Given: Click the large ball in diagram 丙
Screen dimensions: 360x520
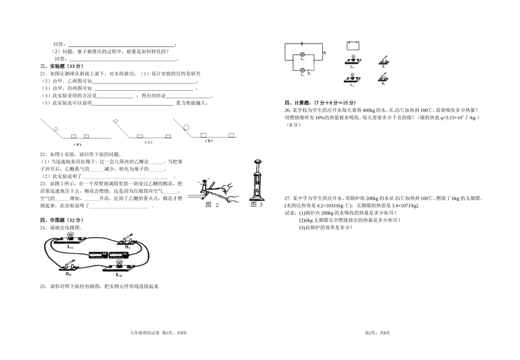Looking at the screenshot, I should point(187,128).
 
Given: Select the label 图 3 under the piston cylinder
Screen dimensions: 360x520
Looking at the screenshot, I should point(257,205).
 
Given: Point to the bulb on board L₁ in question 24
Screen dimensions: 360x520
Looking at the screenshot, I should point(70,236).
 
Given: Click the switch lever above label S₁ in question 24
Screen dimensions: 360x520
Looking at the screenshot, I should point(128,237).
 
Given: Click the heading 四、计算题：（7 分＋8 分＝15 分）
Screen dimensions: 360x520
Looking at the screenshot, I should point(320,103).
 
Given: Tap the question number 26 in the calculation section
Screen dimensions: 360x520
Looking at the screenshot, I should point(287,110).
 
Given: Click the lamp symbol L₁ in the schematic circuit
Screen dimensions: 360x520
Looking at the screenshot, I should point(301,56).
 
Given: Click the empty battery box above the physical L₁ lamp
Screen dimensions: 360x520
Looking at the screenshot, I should point(353,45).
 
